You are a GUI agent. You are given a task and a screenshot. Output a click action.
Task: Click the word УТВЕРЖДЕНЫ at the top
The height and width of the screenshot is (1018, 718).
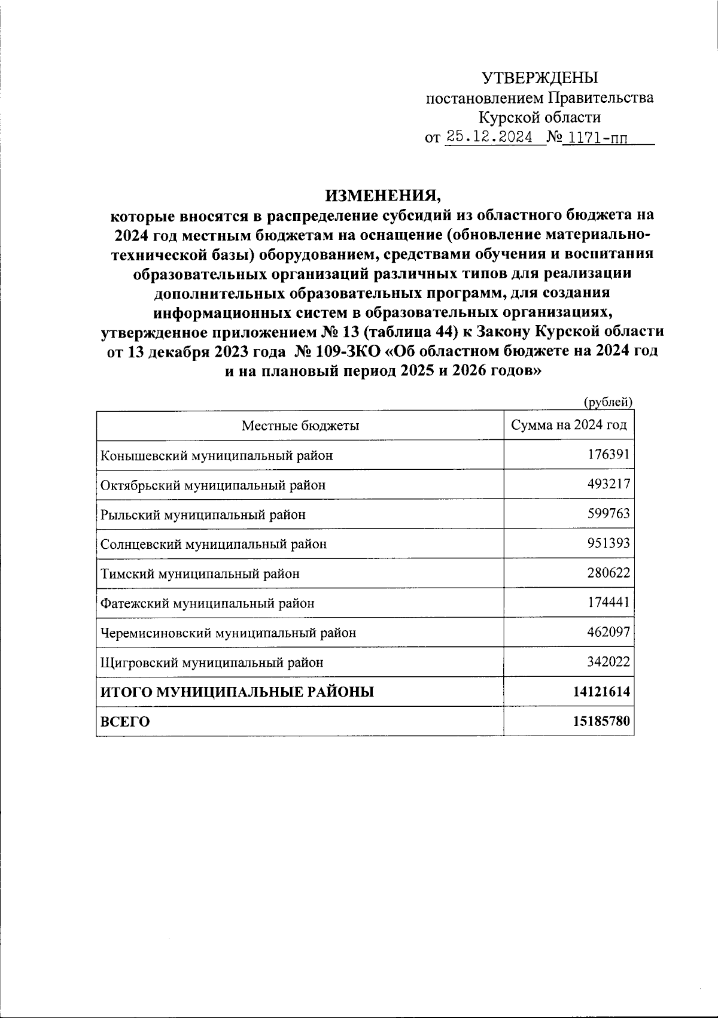click(540, 78)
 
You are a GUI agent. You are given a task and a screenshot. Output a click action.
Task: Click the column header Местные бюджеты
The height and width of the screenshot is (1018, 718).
click(300, 426)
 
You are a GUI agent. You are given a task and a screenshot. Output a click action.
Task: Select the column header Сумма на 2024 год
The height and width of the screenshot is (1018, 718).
click(568, 425)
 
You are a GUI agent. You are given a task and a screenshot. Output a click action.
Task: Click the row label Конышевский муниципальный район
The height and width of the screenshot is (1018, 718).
click(217, 455)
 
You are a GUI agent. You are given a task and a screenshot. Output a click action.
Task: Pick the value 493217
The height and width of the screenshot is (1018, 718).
click(609, 484)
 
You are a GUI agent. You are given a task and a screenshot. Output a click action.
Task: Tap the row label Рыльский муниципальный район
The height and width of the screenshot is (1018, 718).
click(203, 514)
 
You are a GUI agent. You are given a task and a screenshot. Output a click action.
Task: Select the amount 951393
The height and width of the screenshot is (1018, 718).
click(609, 543)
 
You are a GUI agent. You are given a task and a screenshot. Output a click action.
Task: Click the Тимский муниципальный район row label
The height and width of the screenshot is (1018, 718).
click(200, 574)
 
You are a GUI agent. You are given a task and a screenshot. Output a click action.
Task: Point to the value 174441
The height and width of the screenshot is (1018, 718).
click(609, 603)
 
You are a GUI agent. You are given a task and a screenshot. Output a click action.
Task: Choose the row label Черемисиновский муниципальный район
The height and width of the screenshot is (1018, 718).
click(228, 633)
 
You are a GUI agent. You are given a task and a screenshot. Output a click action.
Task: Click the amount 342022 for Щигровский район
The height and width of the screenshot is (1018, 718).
click(609, 662)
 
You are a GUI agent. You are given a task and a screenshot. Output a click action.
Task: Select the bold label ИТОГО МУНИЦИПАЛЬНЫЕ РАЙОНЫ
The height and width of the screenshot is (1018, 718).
click(237, 692)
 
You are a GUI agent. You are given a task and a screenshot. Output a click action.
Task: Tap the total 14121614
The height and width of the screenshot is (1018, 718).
click(601, 692)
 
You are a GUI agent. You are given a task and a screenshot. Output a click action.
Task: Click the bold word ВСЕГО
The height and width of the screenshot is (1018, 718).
click(124, 722)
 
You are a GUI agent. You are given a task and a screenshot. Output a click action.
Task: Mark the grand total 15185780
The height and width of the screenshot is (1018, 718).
click(601, 721)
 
